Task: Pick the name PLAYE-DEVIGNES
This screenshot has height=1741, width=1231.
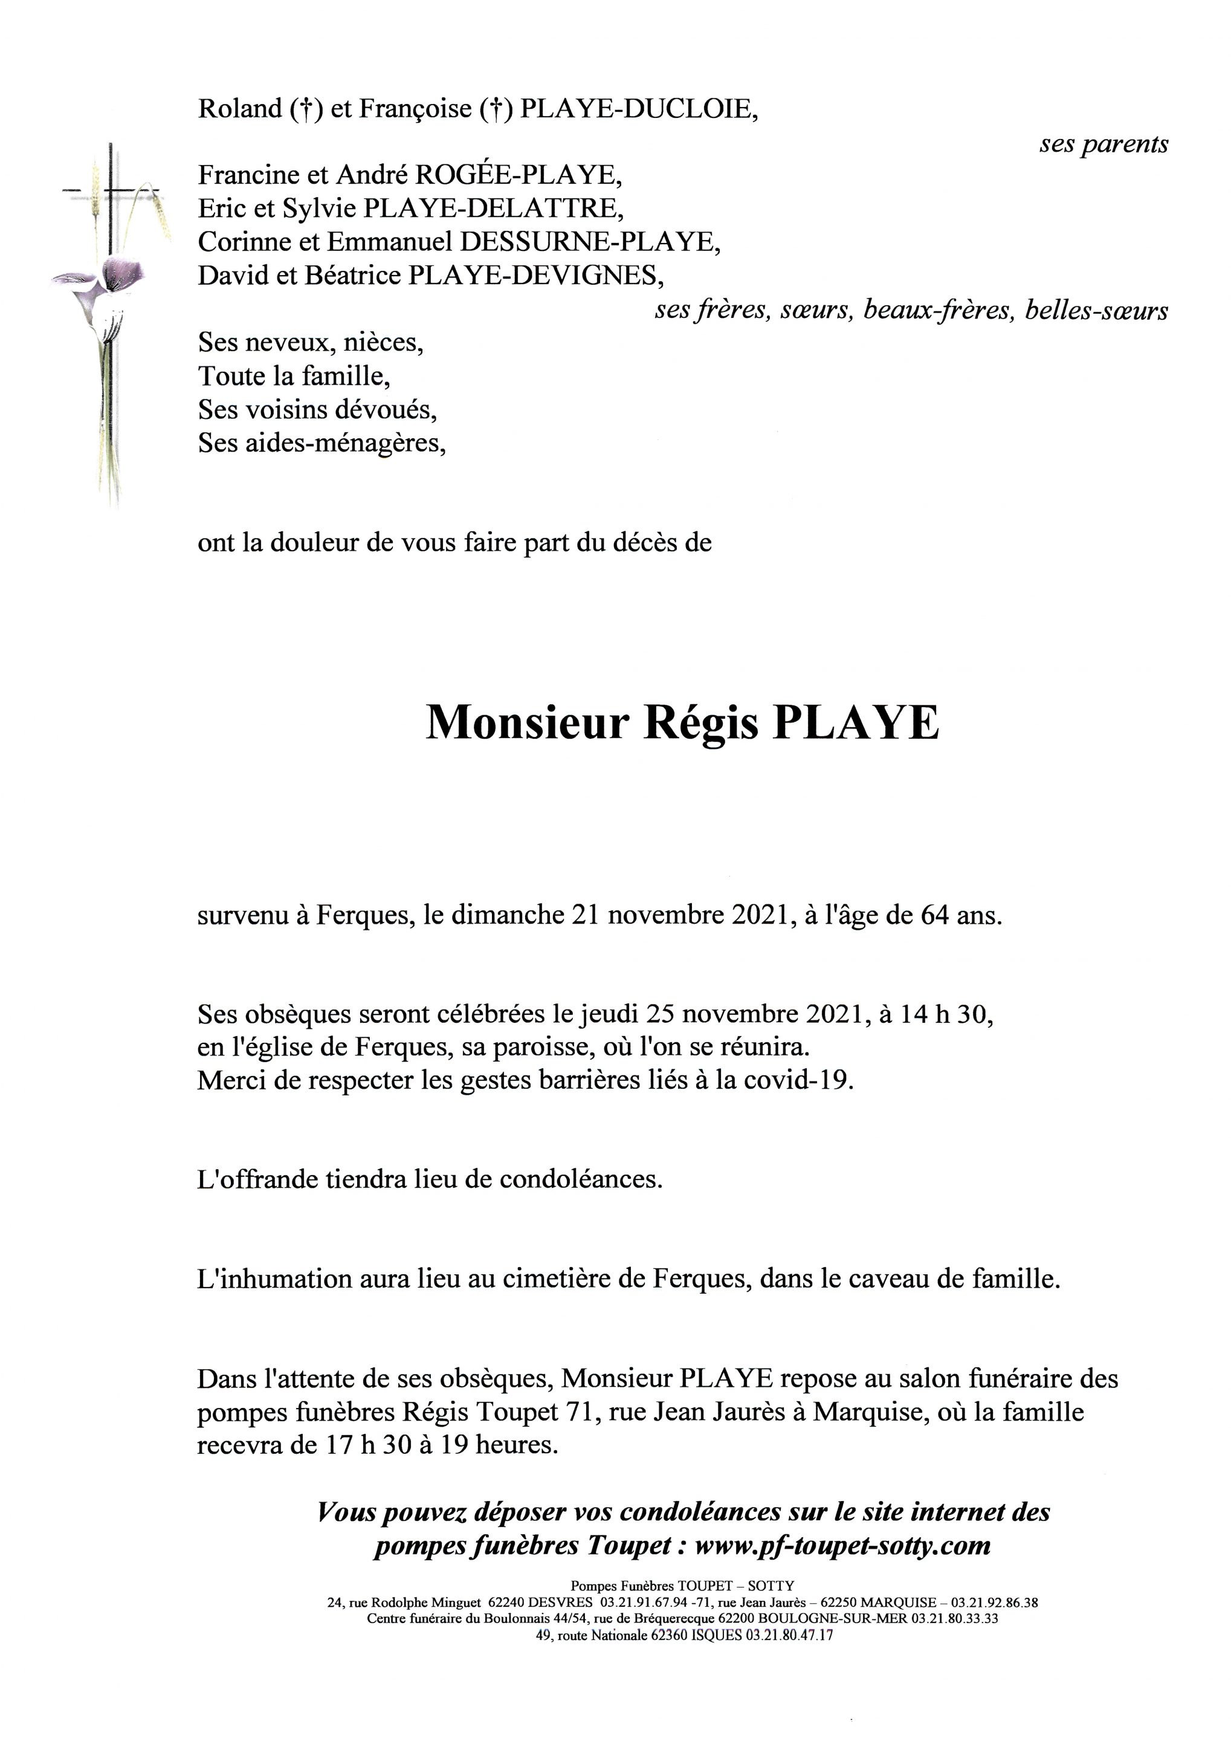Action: click(536, 275)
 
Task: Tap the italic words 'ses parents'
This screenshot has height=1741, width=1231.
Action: click(1103, 144)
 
